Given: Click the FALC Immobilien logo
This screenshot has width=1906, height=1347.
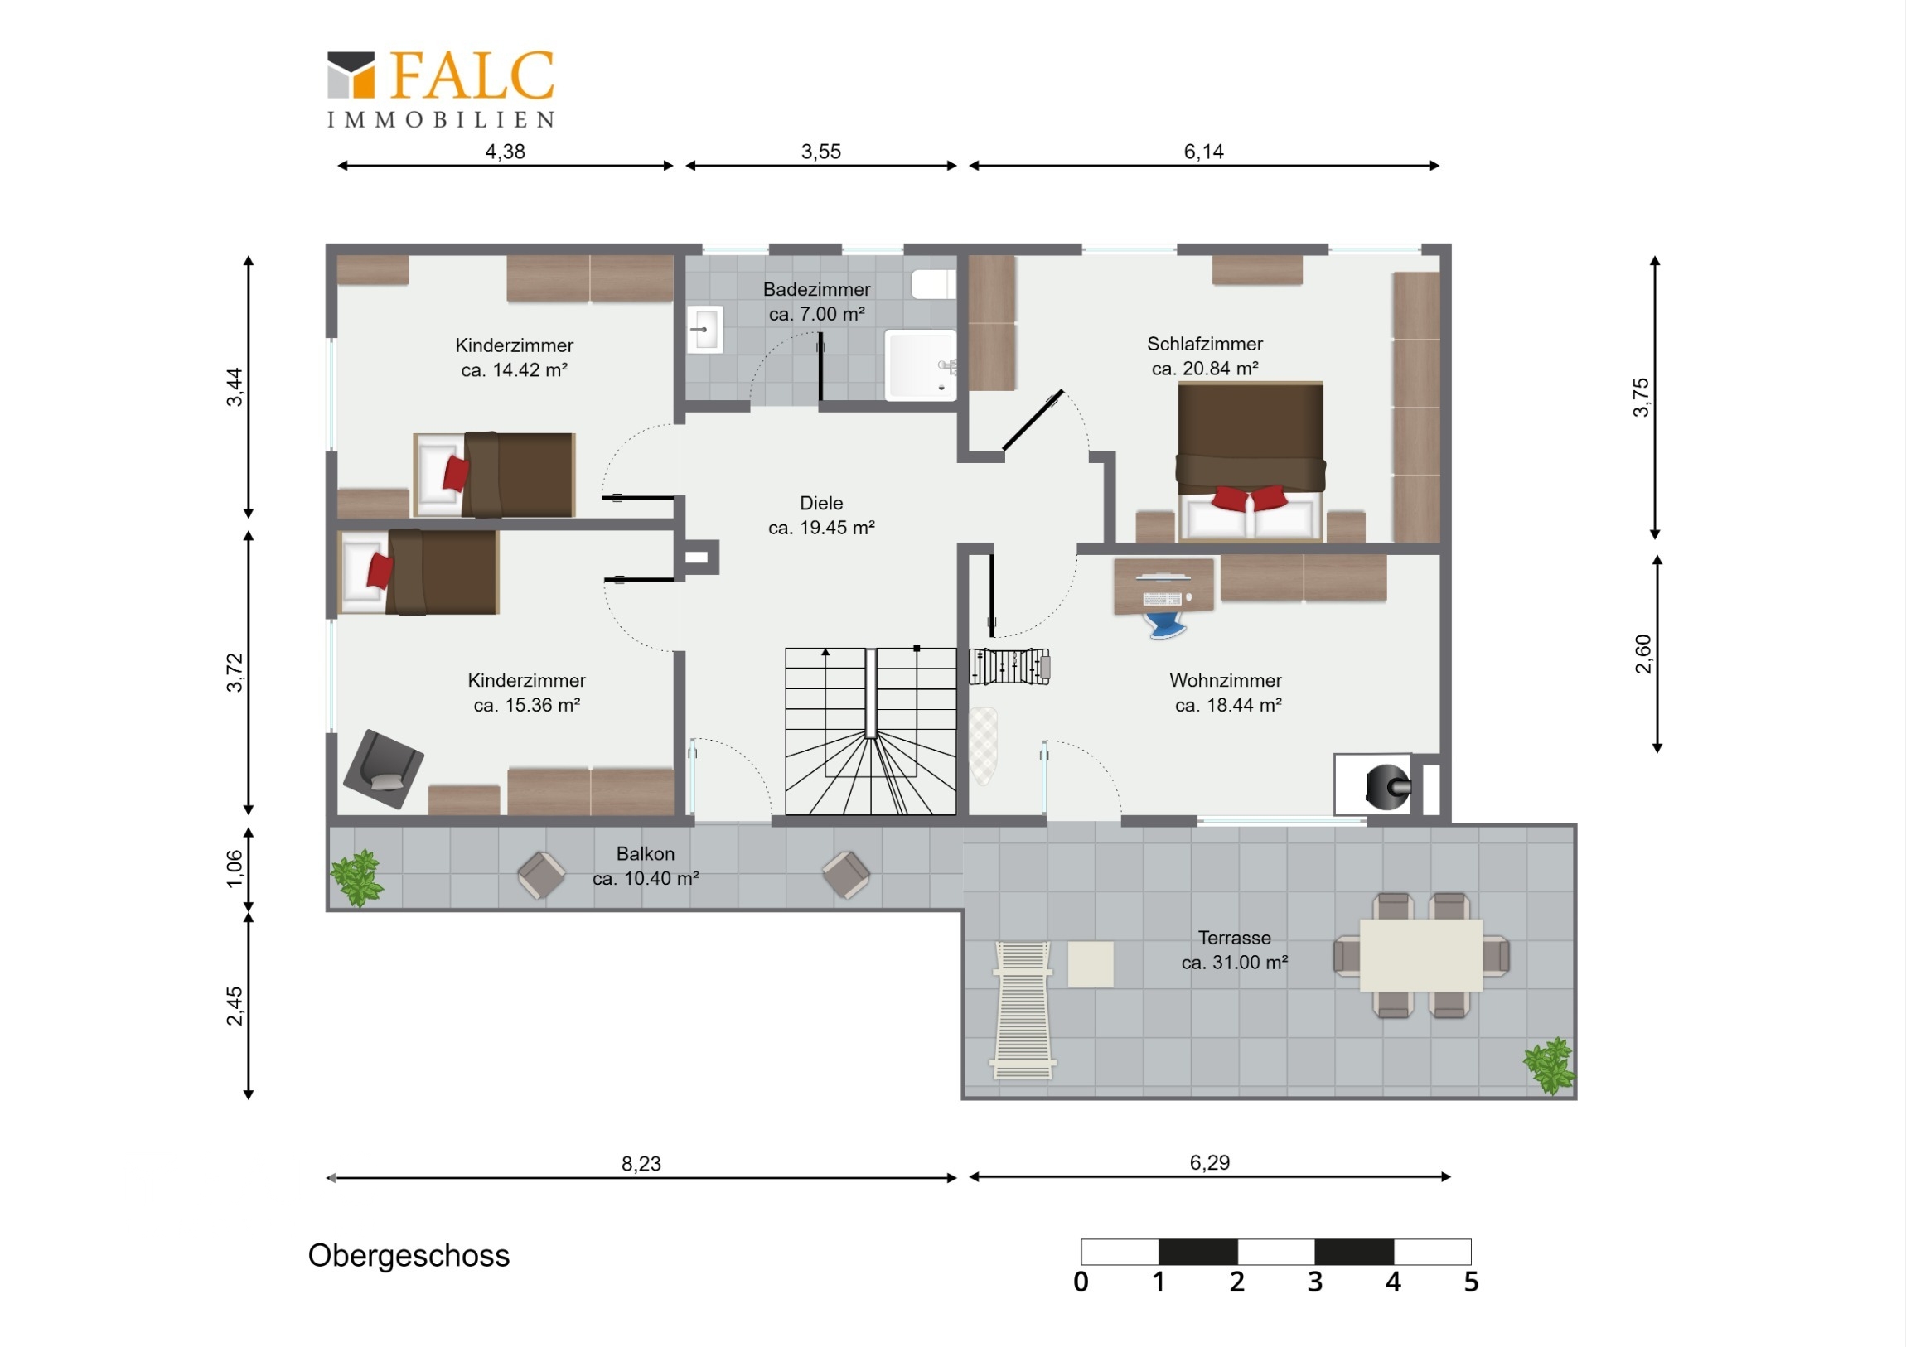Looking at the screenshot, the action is coord(441,89).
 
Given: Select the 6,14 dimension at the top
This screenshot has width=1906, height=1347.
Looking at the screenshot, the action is coord(1203,152).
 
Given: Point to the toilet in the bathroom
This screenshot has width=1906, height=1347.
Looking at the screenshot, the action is coord(934,284).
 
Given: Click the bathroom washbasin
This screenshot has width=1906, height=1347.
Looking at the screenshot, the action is coord(705,330).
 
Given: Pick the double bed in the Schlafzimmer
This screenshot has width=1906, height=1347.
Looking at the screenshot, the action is coord(1251,461).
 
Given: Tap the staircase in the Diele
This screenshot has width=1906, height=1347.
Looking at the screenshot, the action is coord(871,731).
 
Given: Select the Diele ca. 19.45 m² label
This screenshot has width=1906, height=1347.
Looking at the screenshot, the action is coord(821,515).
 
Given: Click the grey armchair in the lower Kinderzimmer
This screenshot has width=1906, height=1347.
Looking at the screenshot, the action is coord(384,770).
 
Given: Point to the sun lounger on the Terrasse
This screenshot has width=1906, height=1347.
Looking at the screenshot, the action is coord(1023,1010).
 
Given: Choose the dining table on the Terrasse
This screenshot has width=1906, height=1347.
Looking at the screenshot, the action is coord(1421,955).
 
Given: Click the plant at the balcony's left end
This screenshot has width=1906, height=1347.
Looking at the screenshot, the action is coord(357,878).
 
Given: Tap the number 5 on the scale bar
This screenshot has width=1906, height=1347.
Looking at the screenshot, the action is coord(1471,1282).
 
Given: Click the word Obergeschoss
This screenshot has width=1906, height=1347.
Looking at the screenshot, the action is coord(409,1256).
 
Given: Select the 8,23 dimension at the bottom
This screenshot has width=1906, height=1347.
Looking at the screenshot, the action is coord(641,1164).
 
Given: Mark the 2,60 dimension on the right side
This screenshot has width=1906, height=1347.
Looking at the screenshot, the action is coord(1642,654).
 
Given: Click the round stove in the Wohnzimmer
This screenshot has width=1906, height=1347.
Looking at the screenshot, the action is coord(1388,785).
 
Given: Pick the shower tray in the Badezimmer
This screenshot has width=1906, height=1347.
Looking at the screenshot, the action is coord(921,365).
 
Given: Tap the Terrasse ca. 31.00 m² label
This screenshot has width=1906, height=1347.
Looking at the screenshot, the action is coord(1235,950).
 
